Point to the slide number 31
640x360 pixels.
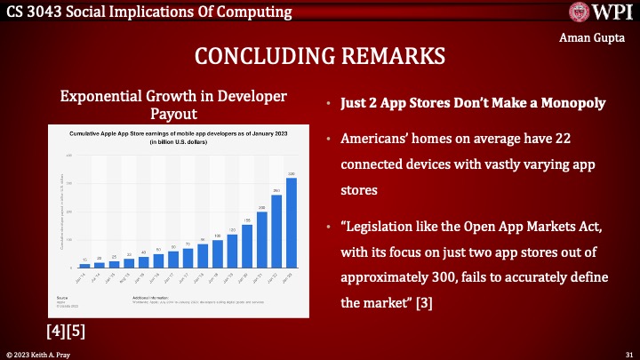click(628, 354)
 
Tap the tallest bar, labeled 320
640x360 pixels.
click(291, 222)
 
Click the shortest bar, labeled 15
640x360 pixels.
click(84, 265)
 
